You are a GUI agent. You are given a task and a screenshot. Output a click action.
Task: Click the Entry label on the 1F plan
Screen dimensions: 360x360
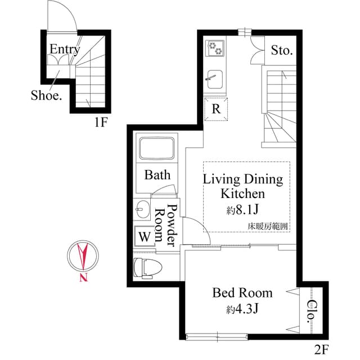[64, 49]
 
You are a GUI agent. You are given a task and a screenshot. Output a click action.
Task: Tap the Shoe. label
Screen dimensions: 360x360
[46, 95]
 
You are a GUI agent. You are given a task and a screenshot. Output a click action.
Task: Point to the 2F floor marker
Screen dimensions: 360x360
[321, 349]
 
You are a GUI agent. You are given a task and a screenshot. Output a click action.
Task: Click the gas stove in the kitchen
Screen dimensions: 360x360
[215, 48]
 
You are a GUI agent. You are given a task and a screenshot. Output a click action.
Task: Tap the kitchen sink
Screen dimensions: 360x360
[215, 77]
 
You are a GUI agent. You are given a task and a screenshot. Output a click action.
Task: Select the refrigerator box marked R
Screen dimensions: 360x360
[216, 109]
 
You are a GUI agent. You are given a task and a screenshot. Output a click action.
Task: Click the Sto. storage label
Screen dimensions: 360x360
[282, 51]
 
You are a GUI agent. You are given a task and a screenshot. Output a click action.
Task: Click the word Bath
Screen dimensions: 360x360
[157, 175]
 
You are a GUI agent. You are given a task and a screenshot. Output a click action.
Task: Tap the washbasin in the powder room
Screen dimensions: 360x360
[141, 210]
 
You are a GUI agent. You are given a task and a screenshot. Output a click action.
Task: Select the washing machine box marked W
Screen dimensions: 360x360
[145, 237]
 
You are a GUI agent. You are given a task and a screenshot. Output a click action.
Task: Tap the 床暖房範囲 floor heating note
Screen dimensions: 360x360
[268, 226]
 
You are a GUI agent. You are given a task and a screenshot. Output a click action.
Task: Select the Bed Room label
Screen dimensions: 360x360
[242, 293]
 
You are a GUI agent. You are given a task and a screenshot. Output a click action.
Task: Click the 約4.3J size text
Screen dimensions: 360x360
[242, 309]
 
